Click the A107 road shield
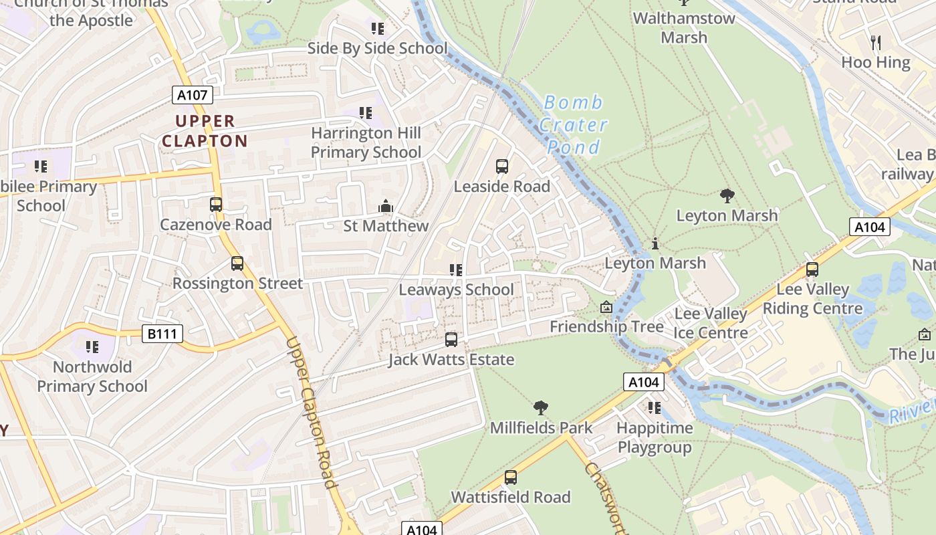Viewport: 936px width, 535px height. click(192, 95)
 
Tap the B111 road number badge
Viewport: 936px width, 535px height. click(162, 333)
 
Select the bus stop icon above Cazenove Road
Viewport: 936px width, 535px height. click(216, 205)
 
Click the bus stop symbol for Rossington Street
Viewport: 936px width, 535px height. click(237, 263)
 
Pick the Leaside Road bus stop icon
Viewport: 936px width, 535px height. click(501, 167)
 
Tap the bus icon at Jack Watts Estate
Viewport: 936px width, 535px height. click(451, 340)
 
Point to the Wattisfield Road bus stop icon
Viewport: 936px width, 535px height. click(511, 477)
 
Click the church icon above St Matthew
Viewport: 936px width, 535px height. click(386, 207)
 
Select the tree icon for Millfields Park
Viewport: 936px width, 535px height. click(541, 407)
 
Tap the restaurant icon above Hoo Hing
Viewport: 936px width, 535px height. click(876, 43)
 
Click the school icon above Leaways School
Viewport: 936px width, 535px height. click(456, 270)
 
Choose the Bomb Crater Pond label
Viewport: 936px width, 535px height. click(574, 124)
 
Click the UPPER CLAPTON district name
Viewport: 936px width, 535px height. click(205, 131)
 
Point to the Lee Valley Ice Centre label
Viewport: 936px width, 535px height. click(711, 323)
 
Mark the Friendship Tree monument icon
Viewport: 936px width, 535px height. click(606, 307)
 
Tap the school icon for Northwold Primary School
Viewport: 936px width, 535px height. click(92, 347)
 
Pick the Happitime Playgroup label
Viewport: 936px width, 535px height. click(655, 437)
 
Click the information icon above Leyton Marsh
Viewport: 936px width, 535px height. click(655, 243)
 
